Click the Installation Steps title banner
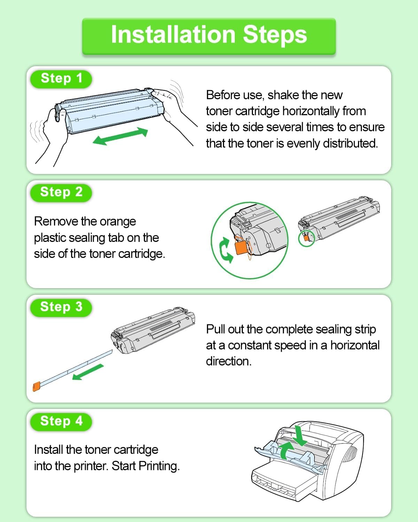209,35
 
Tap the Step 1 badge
61,78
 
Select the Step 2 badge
61,192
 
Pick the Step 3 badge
61,307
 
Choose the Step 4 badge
61,421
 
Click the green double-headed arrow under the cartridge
120,136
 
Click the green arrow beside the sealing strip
88,372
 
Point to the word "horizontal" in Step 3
355,345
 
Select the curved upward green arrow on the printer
287,450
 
